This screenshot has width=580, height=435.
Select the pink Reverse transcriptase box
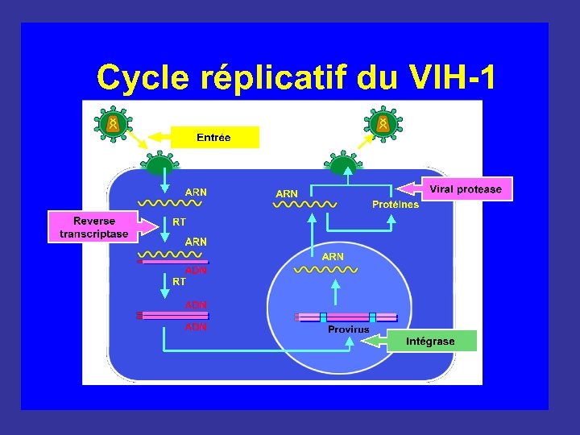tap(93, 226)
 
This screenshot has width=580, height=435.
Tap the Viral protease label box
tap(466, 189)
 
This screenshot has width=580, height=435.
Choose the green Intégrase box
tap(430, 341)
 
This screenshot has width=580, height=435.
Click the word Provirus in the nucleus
tap(348, 329)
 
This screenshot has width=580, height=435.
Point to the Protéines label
tap(396, 205)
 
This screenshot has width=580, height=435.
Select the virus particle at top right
tap(383, 123)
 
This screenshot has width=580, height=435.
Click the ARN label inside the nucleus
tap(333, 256)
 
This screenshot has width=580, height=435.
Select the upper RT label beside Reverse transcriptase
tap(180, 221)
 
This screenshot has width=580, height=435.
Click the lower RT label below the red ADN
tap(179, 282)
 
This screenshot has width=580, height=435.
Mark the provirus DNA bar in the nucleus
tap(347, 317)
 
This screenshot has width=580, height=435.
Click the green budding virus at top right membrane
tap(344, 164)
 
